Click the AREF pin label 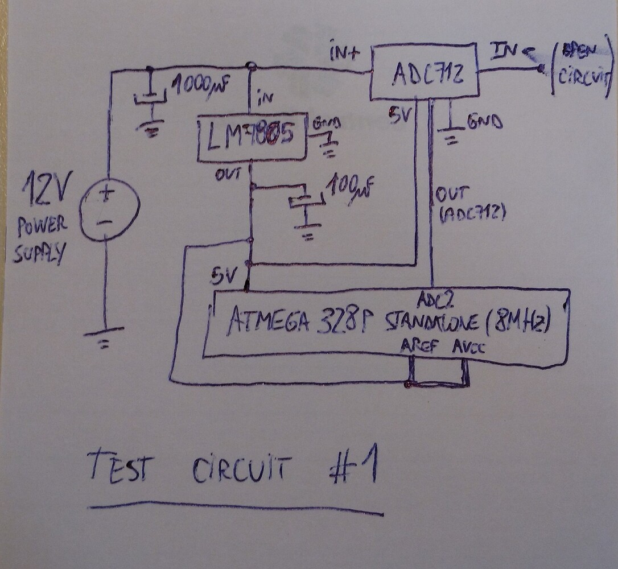coord(420,345)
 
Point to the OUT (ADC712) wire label coord(469,203)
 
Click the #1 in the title coord(354,468)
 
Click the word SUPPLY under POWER coord(39,252)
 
